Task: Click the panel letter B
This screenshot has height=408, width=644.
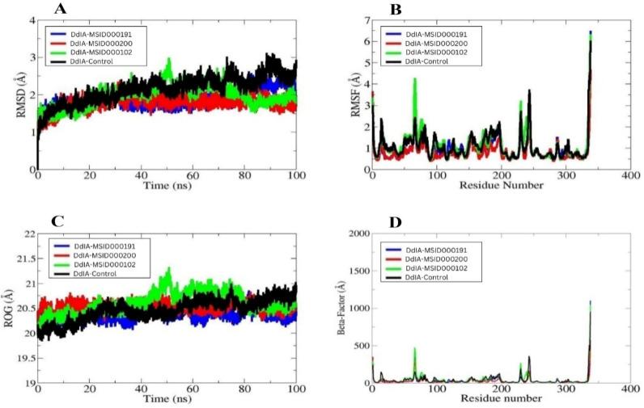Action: coord(397,11)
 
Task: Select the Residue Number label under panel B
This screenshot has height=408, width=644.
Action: coord(500,186)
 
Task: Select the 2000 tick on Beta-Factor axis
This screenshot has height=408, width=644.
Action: coord(358,233)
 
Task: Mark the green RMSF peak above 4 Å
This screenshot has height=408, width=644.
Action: coord(414,80)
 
